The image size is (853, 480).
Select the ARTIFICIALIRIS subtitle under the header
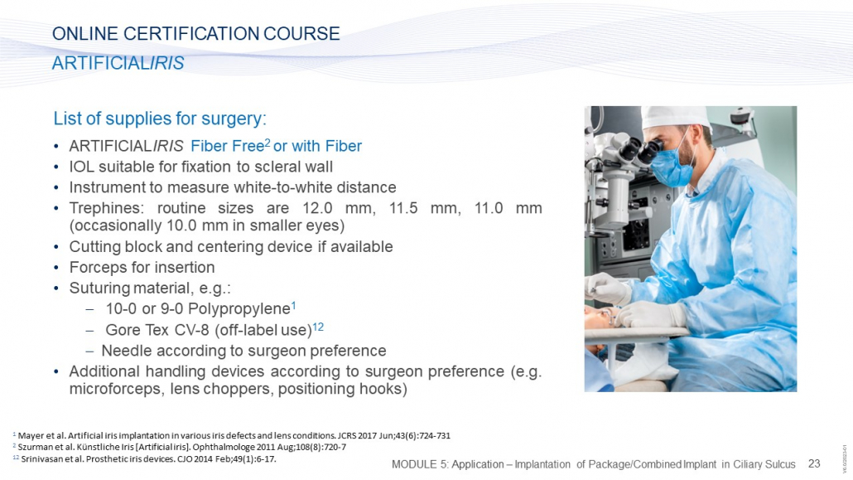pyautogui.click(x=118, y=63)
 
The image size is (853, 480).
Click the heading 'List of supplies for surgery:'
pyautogui.click(x=160, y=119)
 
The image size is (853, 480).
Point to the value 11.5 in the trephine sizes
pyautogui.click(x=403, y=208)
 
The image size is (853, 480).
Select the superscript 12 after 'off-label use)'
pyautogui.click(x=318, y=327)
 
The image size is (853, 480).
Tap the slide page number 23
pyautogui.click(x=814, y=463)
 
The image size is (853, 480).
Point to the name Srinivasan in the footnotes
pyautogui.click(x=40, y=458)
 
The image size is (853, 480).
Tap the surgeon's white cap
pyautogui.click(x=675, y=117)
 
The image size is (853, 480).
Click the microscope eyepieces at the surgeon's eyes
pyautogui.click(x=642, y=150)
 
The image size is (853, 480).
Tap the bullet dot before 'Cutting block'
pyautogui.click(x=56, y=247)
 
